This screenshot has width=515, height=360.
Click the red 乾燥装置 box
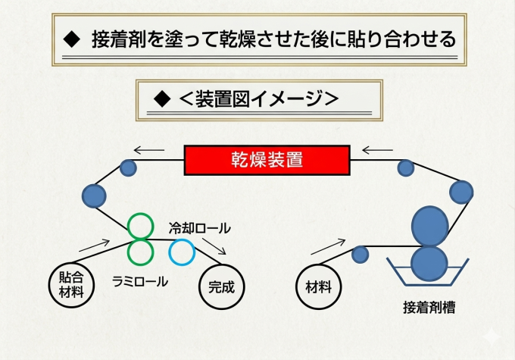(x=267, y=160)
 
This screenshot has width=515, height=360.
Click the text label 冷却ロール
(x=200, y=228)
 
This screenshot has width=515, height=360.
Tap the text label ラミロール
(x=140, y=282)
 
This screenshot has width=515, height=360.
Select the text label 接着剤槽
(x=429, y=308)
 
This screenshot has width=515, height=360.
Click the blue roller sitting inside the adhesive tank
(x=429, y=264)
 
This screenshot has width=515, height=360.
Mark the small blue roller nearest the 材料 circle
(x=360, y=255)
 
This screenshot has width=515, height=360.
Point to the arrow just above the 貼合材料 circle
(x=94, y=246)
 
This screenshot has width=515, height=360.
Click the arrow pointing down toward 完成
(x=214, y=246)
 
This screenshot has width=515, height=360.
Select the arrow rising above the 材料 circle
(x=328, y=246)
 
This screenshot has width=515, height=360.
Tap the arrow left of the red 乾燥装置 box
(x=149, y=150)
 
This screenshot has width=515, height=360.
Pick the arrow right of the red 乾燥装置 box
(x=377, y=150)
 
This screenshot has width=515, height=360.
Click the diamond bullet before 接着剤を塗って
(x=72, y=39)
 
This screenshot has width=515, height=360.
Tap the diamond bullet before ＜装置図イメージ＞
(x=162, y=99)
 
